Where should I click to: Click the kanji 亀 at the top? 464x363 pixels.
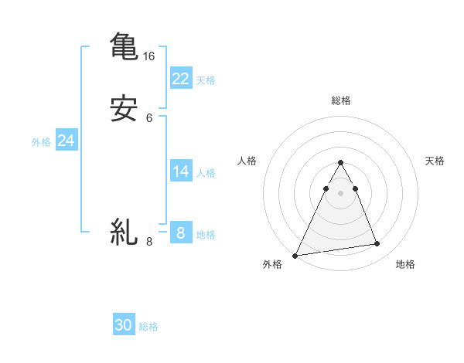124,46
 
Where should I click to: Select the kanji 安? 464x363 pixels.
124,108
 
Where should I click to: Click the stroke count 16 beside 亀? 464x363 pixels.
148,56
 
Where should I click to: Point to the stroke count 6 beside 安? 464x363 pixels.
149,118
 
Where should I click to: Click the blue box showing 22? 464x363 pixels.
180,78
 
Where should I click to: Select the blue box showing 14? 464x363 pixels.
180,171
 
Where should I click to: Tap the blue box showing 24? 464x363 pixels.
66,141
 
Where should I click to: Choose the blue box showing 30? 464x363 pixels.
123,325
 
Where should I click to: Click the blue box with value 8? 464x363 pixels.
180,232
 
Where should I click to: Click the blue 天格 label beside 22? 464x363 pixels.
206,80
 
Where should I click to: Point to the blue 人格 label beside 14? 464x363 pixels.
206,173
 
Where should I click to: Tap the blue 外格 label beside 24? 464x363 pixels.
41,142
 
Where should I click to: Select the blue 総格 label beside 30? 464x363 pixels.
148,327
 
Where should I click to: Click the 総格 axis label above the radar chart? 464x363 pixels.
340,100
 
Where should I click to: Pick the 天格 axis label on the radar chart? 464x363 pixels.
435,161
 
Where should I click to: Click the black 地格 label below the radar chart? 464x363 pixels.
405,264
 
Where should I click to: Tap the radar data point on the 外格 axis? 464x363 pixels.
295,256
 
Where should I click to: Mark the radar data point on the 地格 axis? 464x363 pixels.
377,244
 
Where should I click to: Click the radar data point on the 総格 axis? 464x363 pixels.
340,163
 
